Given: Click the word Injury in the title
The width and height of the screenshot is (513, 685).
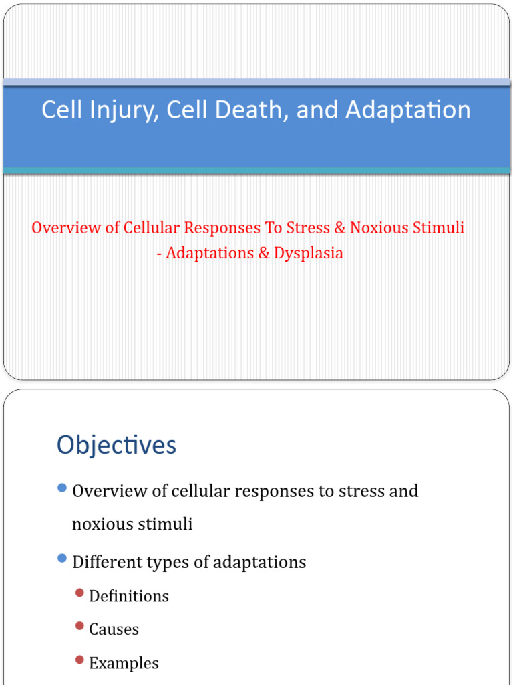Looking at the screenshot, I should tap(124, 110).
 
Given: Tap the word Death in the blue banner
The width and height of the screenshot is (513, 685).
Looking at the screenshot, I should tap(253, 110).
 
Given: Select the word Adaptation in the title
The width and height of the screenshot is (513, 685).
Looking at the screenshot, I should tap(407, 110).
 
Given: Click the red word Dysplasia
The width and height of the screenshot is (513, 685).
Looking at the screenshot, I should tap(308, 254).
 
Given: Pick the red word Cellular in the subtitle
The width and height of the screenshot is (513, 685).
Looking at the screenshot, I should tap(152, 227).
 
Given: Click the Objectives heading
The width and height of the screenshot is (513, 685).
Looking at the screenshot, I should tap(116, 445).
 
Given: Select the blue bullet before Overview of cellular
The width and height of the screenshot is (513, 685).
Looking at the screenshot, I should tap(63, 489).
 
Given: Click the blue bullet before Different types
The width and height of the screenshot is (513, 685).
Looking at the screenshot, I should tap(63, 558).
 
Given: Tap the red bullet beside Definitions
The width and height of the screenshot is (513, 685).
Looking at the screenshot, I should tap(80, 593).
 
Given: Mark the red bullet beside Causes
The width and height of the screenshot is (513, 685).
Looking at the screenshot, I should tap(80, 627).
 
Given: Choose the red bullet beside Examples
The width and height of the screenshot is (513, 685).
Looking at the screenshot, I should tap(80, 660).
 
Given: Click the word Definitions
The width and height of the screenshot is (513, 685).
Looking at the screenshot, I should tap(129, 596).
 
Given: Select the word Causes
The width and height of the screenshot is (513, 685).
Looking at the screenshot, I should tap(114, 629).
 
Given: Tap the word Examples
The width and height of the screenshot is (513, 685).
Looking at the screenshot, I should tap(124, 664).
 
